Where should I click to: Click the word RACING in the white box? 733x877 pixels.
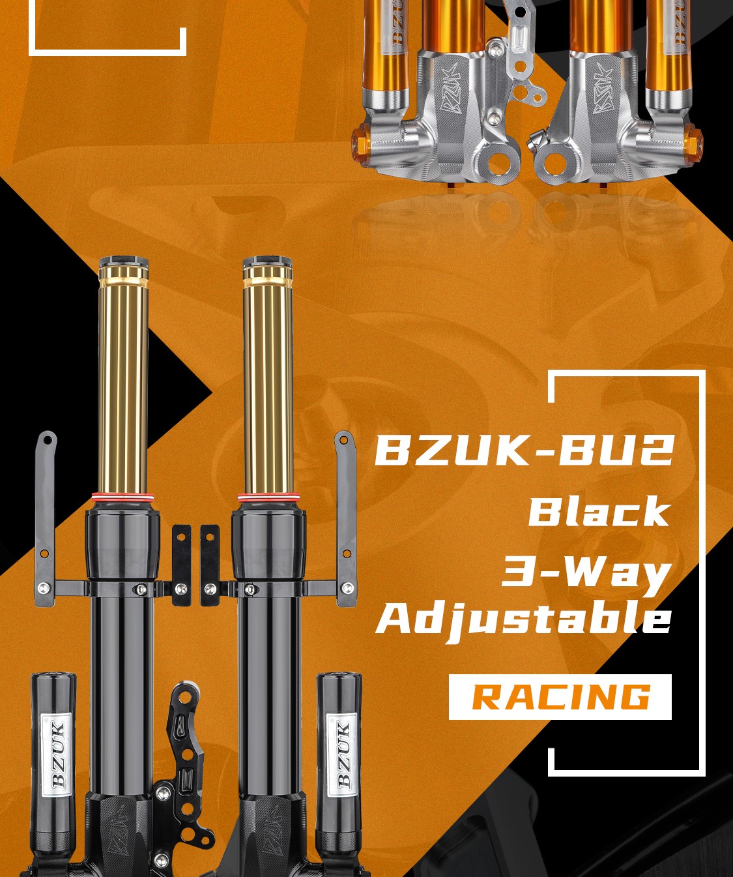coord(561,698)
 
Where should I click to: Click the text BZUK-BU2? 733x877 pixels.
coord(524,450)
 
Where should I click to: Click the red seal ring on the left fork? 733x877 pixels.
coord(123,497)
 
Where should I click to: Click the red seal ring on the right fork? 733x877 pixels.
coord(268,497)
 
